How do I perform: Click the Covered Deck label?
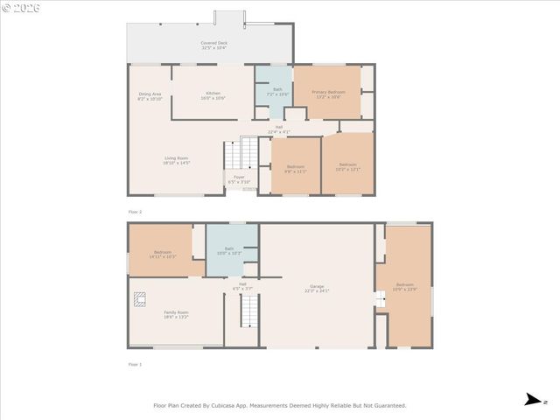pos(213,45)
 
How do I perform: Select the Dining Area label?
pos(150,95)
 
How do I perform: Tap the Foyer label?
pos(239,178)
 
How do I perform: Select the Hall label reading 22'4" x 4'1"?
pos(279,129)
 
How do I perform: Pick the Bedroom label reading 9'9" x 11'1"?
pos(296,168)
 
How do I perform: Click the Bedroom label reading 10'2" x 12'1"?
pos(347,166)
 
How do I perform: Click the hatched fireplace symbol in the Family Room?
pos(139,298)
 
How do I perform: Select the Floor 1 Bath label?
pos(228,250)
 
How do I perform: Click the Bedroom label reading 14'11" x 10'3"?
pos(163,254)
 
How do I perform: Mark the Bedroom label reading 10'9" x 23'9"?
pos(404,286)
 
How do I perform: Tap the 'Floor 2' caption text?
pos(135,212)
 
